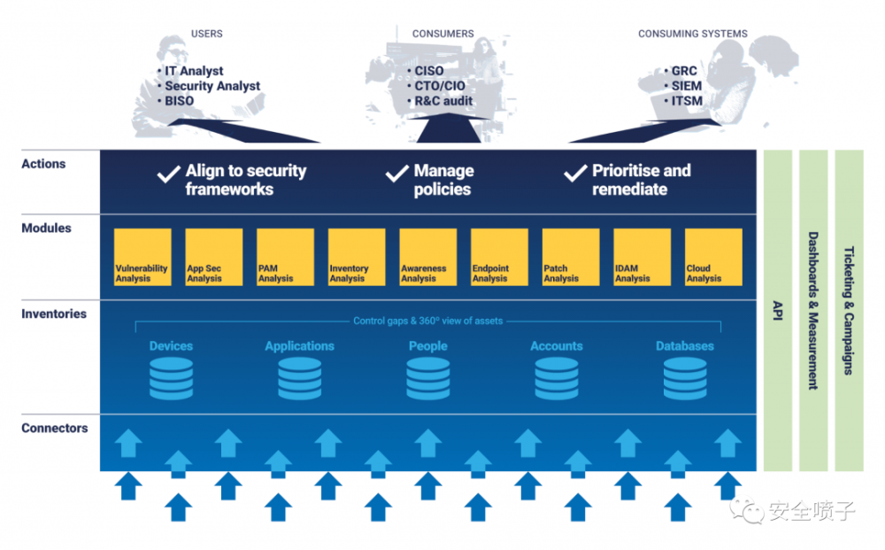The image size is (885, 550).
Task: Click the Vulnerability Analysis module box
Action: (142, 257)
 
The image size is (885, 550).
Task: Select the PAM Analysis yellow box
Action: (285, 257)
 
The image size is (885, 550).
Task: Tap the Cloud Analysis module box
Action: (713, 257)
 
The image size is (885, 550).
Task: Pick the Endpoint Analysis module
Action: (499, 257)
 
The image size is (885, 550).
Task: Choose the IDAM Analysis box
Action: (643, 257)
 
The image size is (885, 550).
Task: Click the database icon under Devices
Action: (171, 378)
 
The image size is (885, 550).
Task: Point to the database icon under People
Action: (427, 378)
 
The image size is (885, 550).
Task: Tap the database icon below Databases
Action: (685, 378)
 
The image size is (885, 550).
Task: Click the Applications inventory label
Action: (300, 345)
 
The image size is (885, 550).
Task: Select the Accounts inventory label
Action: (557, 345)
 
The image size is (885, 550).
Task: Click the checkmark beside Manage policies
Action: (396, 174)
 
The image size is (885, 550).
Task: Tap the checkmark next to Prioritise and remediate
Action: (575, 174)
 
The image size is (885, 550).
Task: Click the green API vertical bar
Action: (778, 311)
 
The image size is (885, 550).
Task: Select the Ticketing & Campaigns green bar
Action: (849, 311)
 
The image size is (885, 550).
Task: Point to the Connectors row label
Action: (55, 428)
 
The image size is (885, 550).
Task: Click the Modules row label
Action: (46, 229)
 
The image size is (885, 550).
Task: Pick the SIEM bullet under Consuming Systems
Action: (683, 86)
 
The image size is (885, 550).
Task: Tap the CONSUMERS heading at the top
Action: (443, 34)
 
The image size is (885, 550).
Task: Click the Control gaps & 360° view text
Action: (427, 321)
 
